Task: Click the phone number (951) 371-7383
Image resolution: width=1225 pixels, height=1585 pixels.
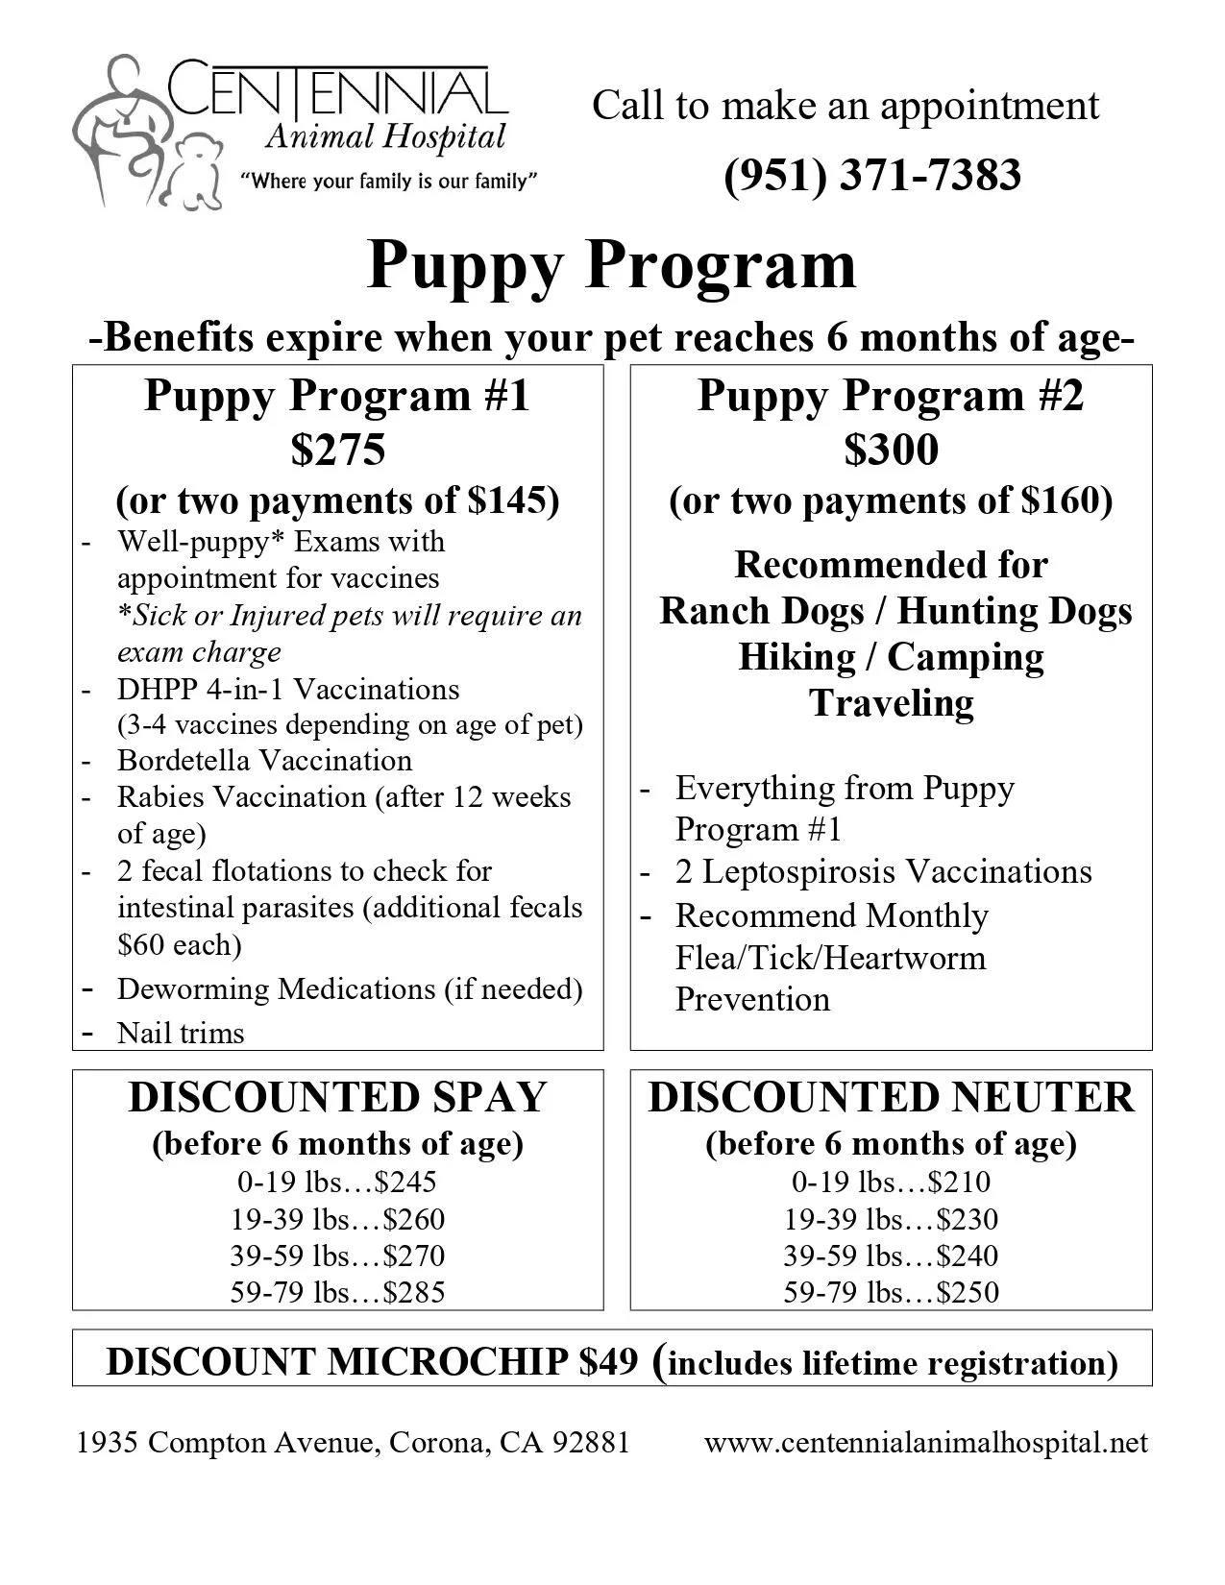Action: [871, 176]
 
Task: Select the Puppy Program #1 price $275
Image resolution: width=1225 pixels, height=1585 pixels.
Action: [338, 449]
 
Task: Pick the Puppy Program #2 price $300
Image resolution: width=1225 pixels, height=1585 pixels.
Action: [891, 449]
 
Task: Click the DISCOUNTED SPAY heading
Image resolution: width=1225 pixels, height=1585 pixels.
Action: [337, 1097]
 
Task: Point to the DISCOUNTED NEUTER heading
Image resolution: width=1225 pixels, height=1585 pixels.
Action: [891, 1097]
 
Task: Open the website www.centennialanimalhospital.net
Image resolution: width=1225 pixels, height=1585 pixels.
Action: [925, 1442]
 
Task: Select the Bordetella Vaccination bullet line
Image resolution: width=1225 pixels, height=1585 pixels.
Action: [264, 760]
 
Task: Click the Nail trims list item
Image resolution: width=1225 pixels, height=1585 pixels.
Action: [181, 1033]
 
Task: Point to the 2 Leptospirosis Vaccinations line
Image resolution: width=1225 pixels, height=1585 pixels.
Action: [883, 871]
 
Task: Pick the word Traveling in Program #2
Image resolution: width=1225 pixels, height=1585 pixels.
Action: [891, 702]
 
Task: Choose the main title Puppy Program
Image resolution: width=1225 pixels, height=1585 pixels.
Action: [611, 264]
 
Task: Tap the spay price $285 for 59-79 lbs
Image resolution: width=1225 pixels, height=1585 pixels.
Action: [414, 1292]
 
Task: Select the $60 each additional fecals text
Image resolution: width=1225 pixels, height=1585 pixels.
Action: [180, 944]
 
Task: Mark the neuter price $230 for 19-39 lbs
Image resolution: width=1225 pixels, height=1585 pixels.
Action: [968, 1219]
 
